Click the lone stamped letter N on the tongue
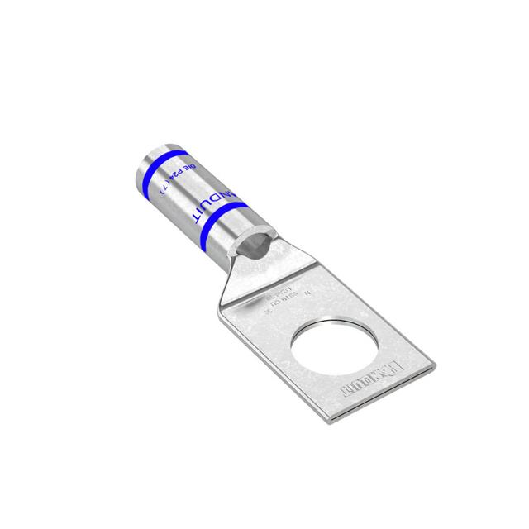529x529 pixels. pos(307,293)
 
